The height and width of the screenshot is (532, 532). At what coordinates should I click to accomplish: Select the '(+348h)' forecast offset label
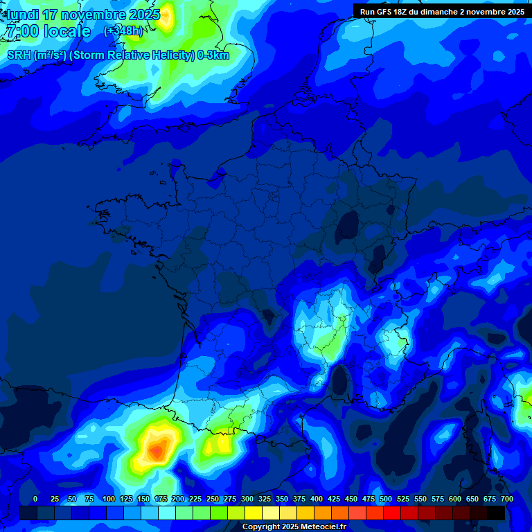point(123,30)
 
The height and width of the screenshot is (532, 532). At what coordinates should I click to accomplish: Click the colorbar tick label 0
point(35,499)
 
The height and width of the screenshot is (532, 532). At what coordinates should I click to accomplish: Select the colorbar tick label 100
point(109,499)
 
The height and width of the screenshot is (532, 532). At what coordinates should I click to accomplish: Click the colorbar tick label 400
point(317,499)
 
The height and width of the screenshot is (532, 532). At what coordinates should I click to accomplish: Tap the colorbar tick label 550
point(420,499)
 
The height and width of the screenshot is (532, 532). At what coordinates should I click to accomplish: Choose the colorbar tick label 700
point(507,499)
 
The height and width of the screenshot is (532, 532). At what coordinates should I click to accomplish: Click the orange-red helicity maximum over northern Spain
point(157,452)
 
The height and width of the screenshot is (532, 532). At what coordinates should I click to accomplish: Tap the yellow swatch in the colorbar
point(253,513)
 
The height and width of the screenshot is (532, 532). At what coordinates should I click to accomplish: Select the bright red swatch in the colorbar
point(391,513)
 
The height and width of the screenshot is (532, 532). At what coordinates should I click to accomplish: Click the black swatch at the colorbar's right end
point(496,513)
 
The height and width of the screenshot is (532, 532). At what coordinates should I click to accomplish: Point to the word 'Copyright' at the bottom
point(262,527)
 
